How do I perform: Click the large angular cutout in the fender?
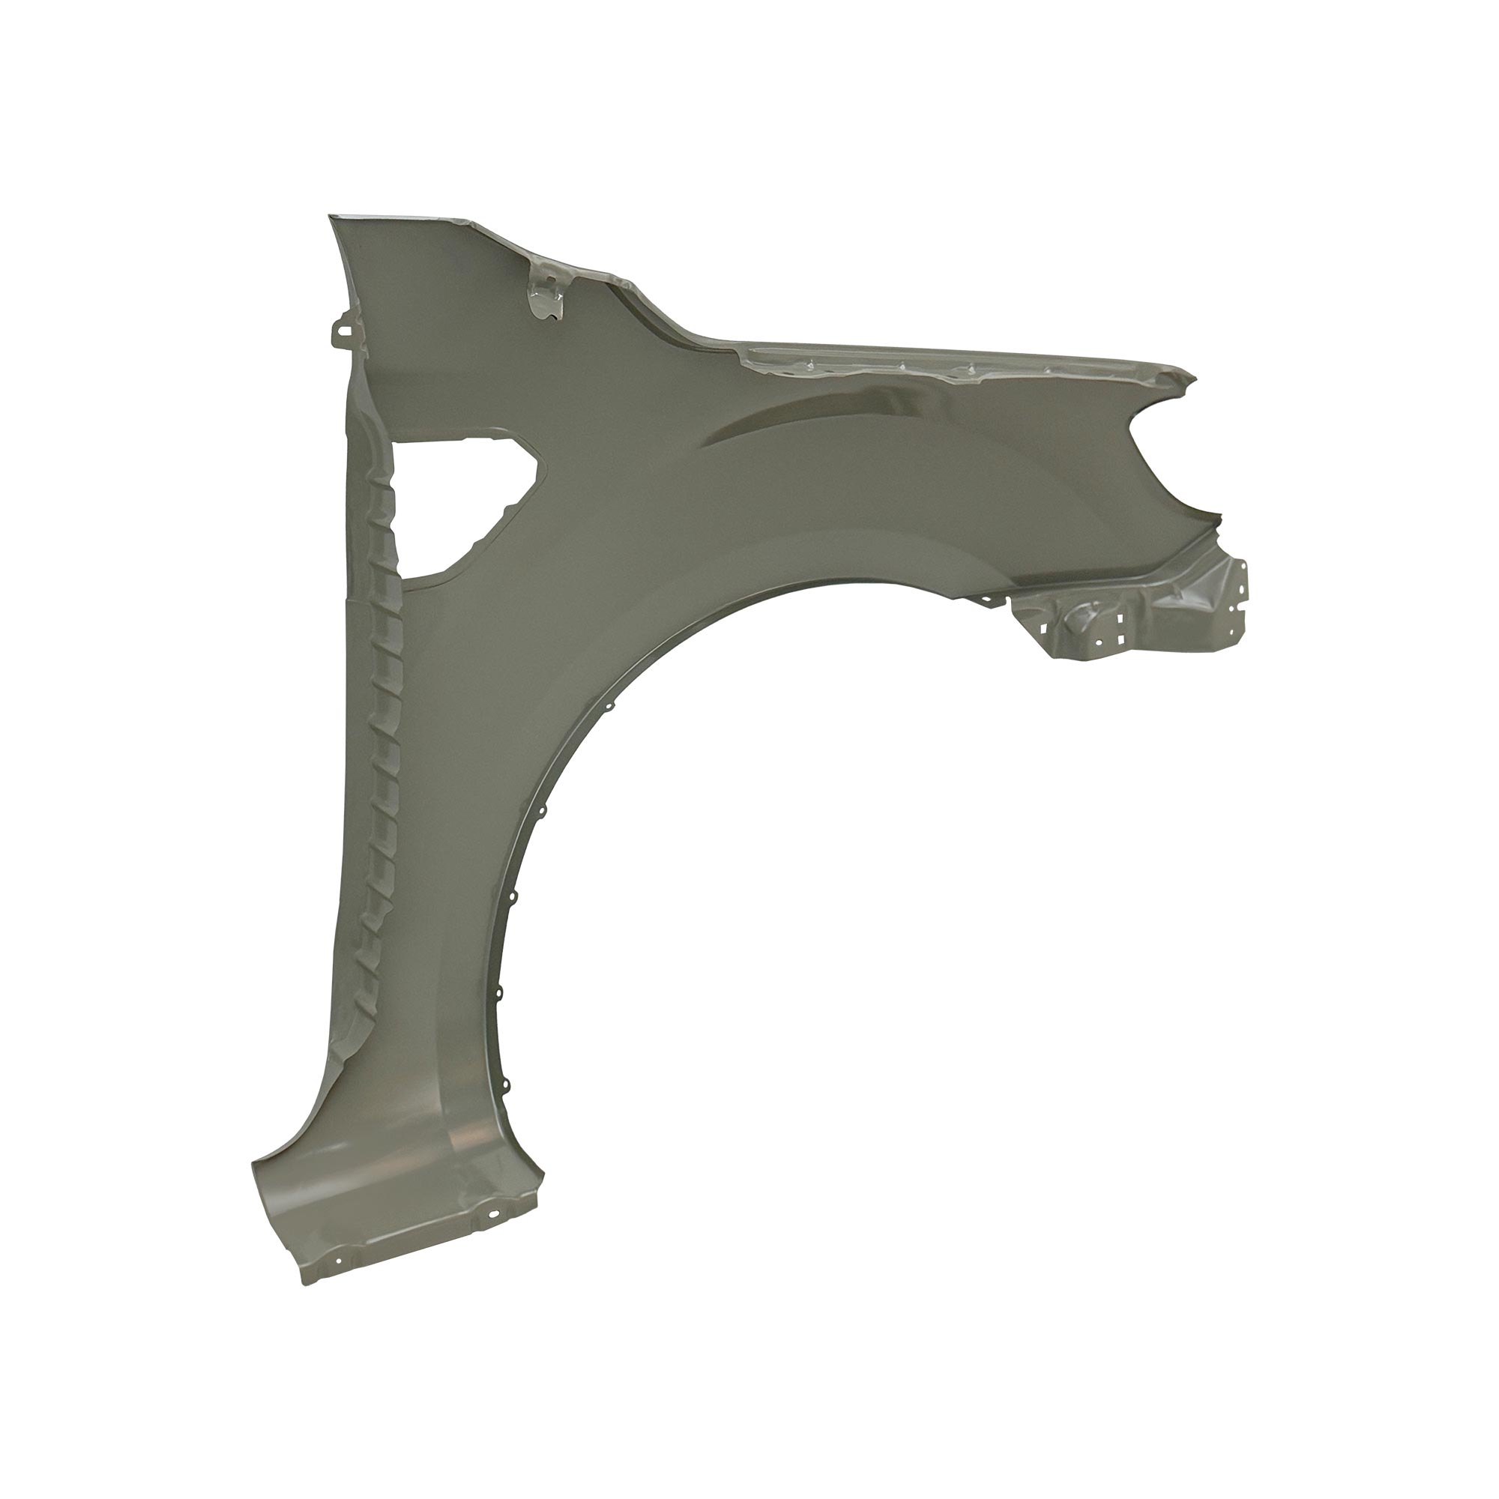(458, 504)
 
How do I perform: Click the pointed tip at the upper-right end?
(1195, 379)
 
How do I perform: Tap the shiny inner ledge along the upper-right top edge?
(931, 365)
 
